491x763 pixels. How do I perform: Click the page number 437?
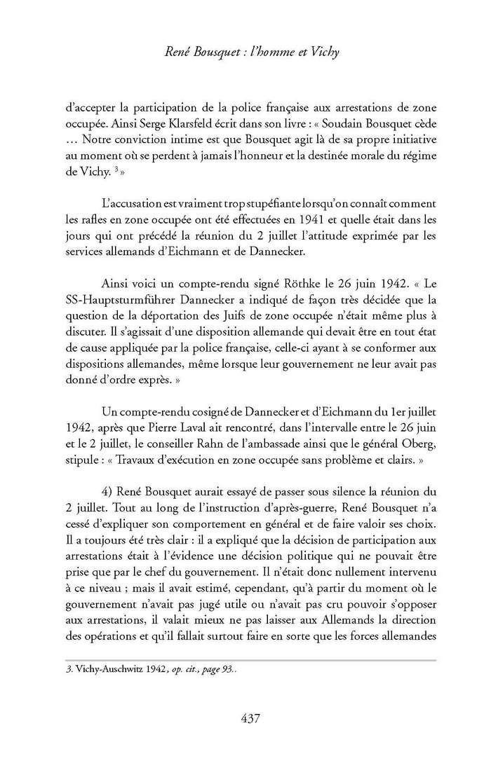coord(250,717)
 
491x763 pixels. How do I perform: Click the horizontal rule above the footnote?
coord(245,659)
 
